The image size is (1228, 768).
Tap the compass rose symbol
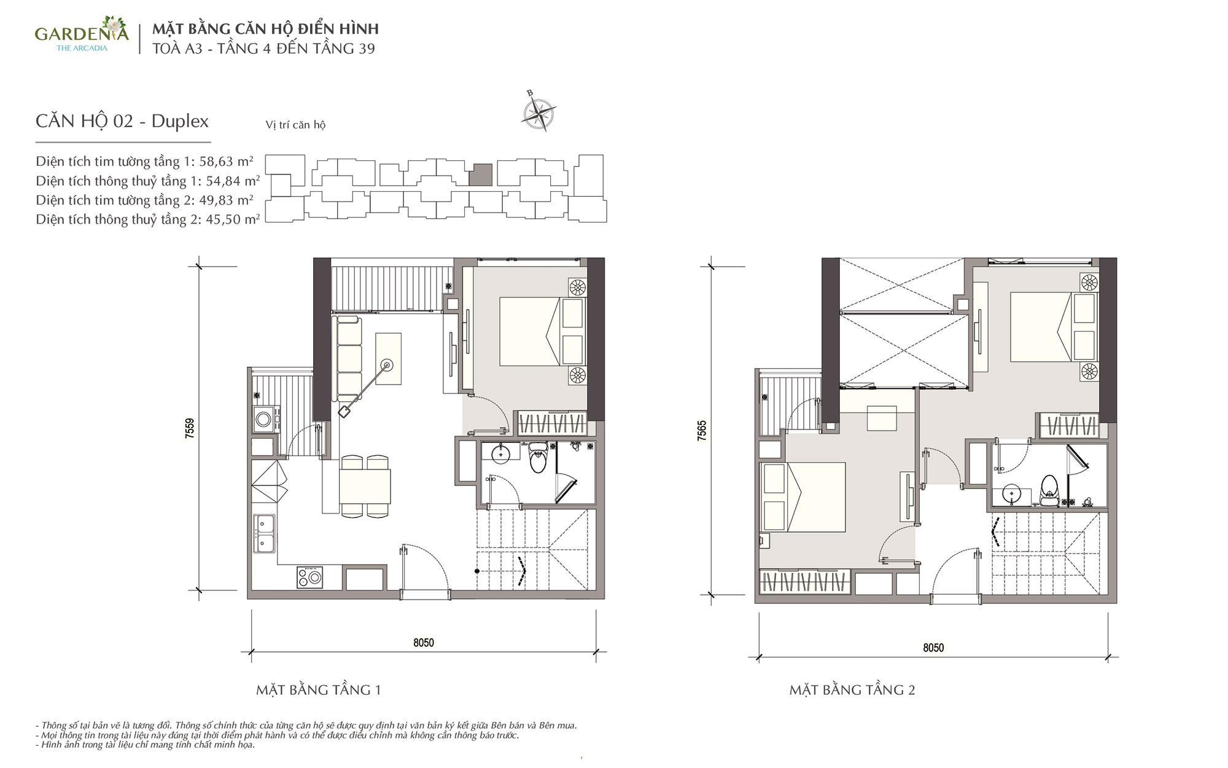pos(538,112)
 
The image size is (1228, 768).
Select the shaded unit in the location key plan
pos(481,174)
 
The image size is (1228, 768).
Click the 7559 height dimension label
pos(190,428)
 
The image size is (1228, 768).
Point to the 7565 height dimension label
pos(702,430)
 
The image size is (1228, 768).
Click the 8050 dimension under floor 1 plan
pos(424,643)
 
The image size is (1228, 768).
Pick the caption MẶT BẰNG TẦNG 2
pos(852,690)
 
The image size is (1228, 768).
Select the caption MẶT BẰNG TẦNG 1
pos(319,690)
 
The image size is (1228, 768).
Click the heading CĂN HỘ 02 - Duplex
pos(122,121)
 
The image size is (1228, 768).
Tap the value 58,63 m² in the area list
pos(226,161)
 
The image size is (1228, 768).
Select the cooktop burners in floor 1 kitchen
pos(311,577)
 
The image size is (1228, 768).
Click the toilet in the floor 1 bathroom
pos(538,458)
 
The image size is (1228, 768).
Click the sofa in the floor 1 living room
pos(349,359)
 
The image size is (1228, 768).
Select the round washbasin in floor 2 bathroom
pos(1011,493)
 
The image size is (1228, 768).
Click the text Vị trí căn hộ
pos(295,125)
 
